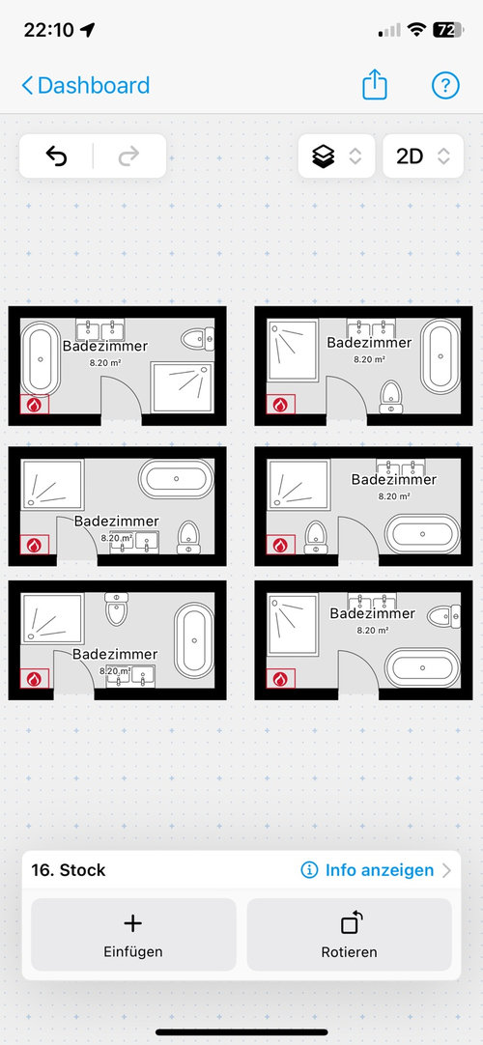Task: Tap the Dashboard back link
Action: (86, 85)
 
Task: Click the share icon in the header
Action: (375, 85)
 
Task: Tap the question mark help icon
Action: (445, 85)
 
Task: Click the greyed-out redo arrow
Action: (128, 155)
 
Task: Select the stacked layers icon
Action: (323, 155)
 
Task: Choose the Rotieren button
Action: (349, 934)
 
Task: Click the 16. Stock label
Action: (68, 870)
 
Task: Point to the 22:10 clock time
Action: (49, 30)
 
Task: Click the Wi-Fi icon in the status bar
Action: (417, 29)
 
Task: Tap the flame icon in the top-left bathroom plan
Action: (35, 405)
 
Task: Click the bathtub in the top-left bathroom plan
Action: (41, 359)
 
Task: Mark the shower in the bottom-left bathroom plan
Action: (53, 618)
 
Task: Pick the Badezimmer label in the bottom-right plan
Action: (373, 613)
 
